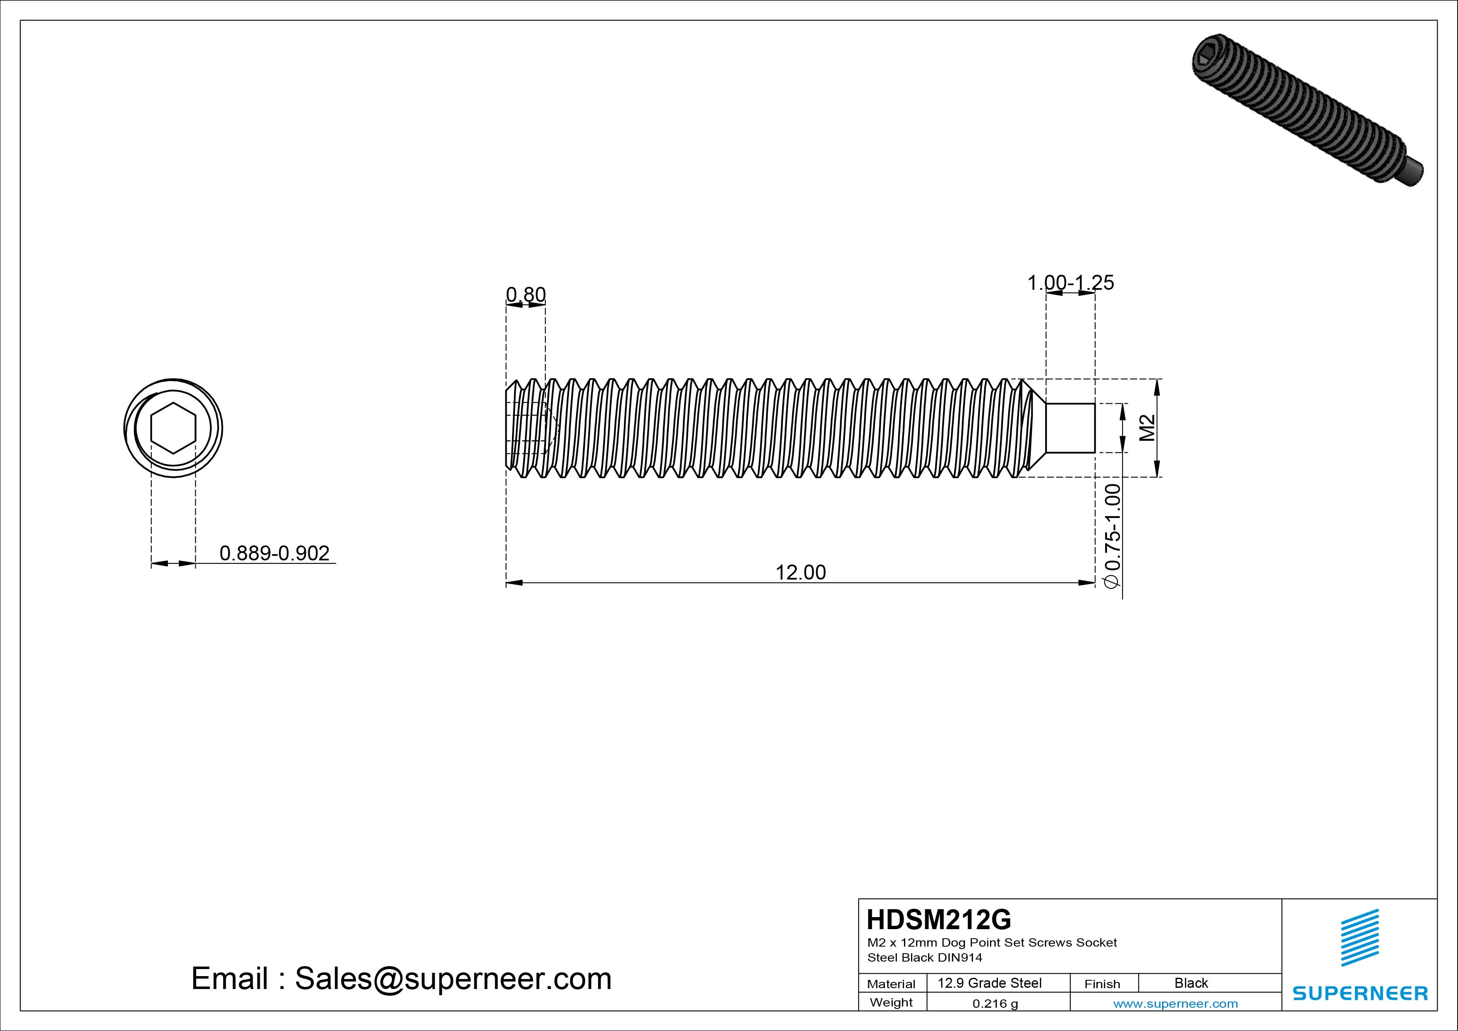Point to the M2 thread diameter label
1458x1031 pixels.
pyautogui.click(x=1147, y=427)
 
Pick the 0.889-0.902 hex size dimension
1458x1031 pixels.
pyautogui.click(x=274, y=553)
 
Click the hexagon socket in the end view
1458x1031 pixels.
pyautogui.click(x=173, y=427)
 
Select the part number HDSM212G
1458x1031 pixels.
pyautogui.click(x=938, y=919)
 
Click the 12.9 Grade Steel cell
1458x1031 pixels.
pyautogui.click(x=989, y=983)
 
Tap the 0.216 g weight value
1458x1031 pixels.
pyautogui.click(x=995, y=1004)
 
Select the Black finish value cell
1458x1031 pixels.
pyautogui.click(x=1191, y=983)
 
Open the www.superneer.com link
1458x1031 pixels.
pyautogui.click(x=1175, y=1004)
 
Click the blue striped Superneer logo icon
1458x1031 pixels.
pyautogui.click(x=1359, y=937)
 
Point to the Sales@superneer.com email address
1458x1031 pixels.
pyautogui.click(x=453, y=978)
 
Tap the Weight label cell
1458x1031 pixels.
pyautogui.click(x=891, y=1002)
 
